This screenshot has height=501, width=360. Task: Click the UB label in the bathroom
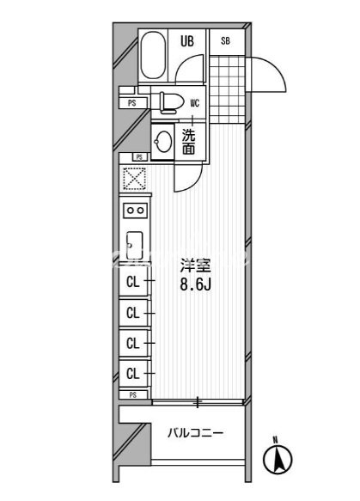click(x=187, y=41)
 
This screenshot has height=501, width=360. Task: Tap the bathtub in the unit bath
click(x=153, y=55)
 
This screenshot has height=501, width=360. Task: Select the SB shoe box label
click(x=225, y=41)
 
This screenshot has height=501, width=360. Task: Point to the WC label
click(x=195, y=103)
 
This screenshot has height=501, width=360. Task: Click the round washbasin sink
click(x=162, y=141)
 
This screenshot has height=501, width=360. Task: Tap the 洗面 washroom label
click(x=188, y=142)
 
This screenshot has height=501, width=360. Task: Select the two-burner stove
click(x=136, y=211)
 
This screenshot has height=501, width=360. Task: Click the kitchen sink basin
click(x=135, y=246)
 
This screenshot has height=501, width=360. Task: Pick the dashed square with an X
click(x=135, y=178)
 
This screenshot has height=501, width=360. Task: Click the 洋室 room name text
click(x=196, y=266)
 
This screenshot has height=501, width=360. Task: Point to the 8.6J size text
click(x=196, y=284)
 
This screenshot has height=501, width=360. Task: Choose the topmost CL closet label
click(x=133, y=282)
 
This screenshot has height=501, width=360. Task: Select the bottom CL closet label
click(x=133, y=373)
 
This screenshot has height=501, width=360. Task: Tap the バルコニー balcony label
click(x=196, y=433)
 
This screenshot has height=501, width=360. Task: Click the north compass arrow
click(x=278, y=460)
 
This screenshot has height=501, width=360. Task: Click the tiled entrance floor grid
click(x=228, y=89)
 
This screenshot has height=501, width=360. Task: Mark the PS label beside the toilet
click(x=132, y=103)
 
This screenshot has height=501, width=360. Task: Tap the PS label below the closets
click(x=133, y=395)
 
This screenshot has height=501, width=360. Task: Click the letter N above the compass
click(x=275, y=440)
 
